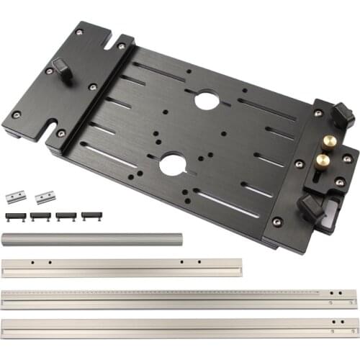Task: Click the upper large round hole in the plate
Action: pos(207,100)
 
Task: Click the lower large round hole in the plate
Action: pos(172,165)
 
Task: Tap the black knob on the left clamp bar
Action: pos(63,71)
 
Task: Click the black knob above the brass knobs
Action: pos(341,114)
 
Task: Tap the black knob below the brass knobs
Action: pos(312,207)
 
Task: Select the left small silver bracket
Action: pos(16,197)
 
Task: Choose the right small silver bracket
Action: pos(45,197)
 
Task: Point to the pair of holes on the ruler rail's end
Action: pos(332,294)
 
